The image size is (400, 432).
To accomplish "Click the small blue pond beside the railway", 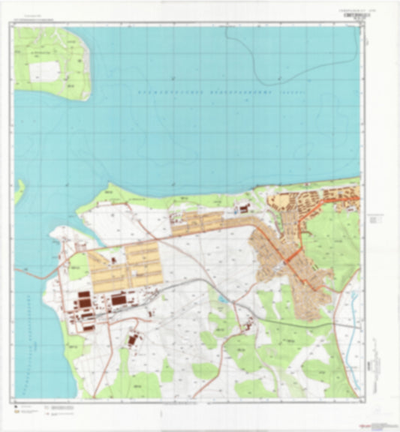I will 223,298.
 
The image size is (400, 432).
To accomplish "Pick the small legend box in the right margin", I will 374,217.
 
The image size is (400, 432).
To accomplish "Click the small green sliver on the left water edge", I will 19,190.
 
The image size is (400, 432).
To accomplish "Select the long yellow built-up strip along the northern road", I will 203,221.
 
